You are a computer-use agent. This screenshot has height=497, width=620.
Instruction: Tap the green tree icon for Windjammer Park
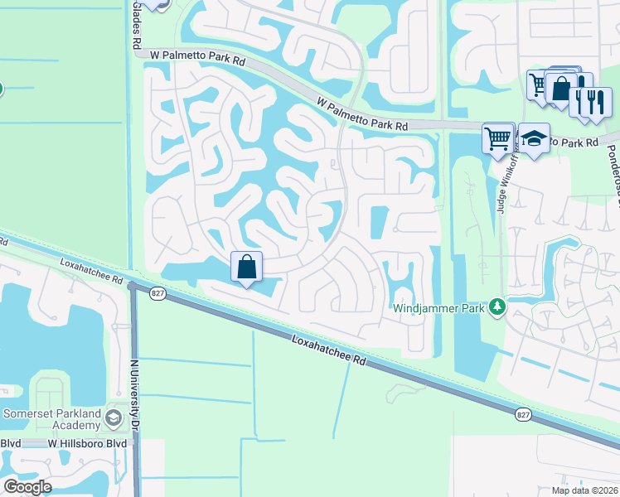[x=497, y=307]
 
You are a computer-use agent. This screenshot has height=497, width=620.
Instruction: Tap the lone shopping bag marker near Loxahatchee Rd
[x=246, y=268]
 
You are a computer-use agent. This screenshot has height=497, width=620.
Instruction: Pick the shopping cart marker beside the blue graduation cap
[x=497, y=138]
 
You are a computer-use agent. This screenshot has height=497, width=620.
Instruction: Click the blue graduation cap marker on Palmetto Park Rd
[x=533, y=139]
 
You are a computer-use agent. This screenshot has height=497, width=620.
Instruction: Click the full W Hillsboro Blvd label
[x=87, y=444]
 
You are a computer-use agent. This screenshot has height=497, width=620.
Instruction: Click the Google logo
[x=27, y=487]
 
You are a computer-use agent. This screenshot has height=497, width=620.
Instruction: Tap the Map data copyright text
[x=584, y=490]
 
